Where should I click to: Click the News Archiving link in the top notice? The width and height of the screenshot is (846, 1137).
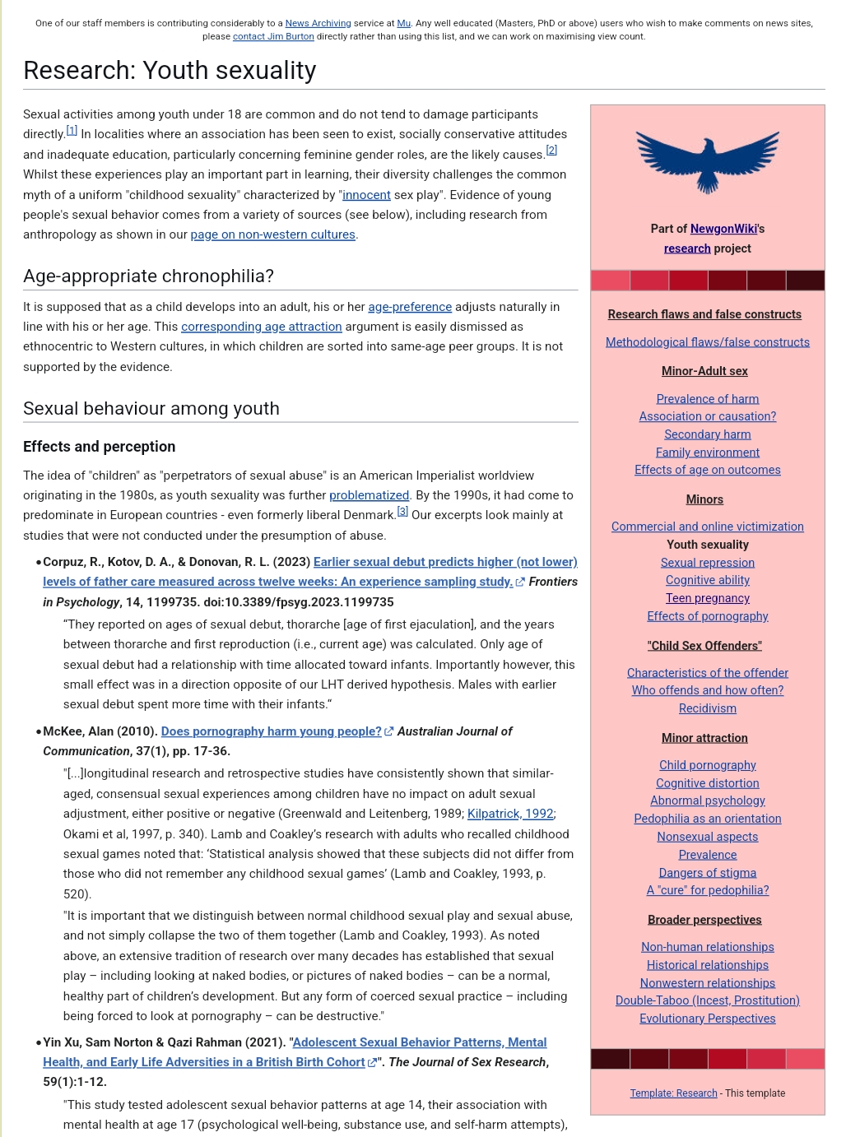pyautogui.click(x=318, y=23)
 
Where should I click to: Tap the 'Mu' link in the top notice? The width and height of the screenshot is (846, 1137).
pyautogui.click(x=403, y=23)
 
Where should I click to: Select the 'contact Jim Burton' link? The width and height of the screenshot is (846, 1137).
pyautogui.click(x=273, y=36)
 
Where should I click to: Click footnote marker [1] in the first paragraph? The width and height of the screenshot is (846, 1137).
pyautogui.click(x=72, y=131)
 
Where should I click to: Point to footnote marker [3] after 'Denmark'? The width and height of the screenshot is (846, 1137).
pyautogui.click(x=402, y=512)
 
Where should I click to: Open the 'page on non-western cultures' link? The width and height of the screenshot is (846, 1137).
pyautogui.click(x=272, y=234)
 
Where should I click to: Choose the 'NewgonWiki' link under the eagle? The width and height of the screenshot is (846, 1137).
pyautogui.click(x=723, y=229)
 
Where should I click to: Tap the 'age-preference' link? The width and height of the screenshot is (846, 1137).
pyautogui.click(x=410, y=307)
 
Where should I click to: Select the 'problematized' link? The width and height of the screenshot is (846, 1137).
pyautogui.click(x=369, y=495)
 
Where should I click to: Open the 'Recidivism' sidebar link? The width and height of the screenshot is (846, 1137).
pyautogui.click(x=707, y=708)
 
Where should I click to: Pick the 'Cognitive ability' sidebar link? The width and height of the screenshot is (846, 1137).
pyautogui.click(x=707, y=580)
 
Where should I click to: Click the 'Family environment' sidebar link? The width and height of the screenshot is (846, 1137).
pyautogui.click(x=707, y=452)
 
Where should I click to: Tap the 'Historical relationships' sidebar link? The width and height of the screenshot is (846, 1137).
pyautogui.click(x=707, y=965)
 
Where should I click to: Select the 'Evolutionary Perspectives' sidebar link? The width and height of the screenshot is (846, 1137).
pyautogui.click(x=707, y=1019)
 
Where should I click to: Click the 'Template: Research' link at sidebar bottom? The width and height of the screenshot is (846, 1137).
pyautogui.click(x=673, y=1093)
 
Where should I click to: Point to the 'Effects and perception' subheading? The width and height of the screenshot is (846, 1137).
pyautogui.click(x=99, y=447)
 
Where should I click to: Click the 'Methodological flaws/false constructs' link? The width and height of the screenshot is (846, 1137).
pyautogui.click(x=707, y=342)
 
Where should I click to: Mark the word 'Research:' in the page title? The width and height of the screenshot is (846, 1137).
pyautogui.click(x=79, y=71)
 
